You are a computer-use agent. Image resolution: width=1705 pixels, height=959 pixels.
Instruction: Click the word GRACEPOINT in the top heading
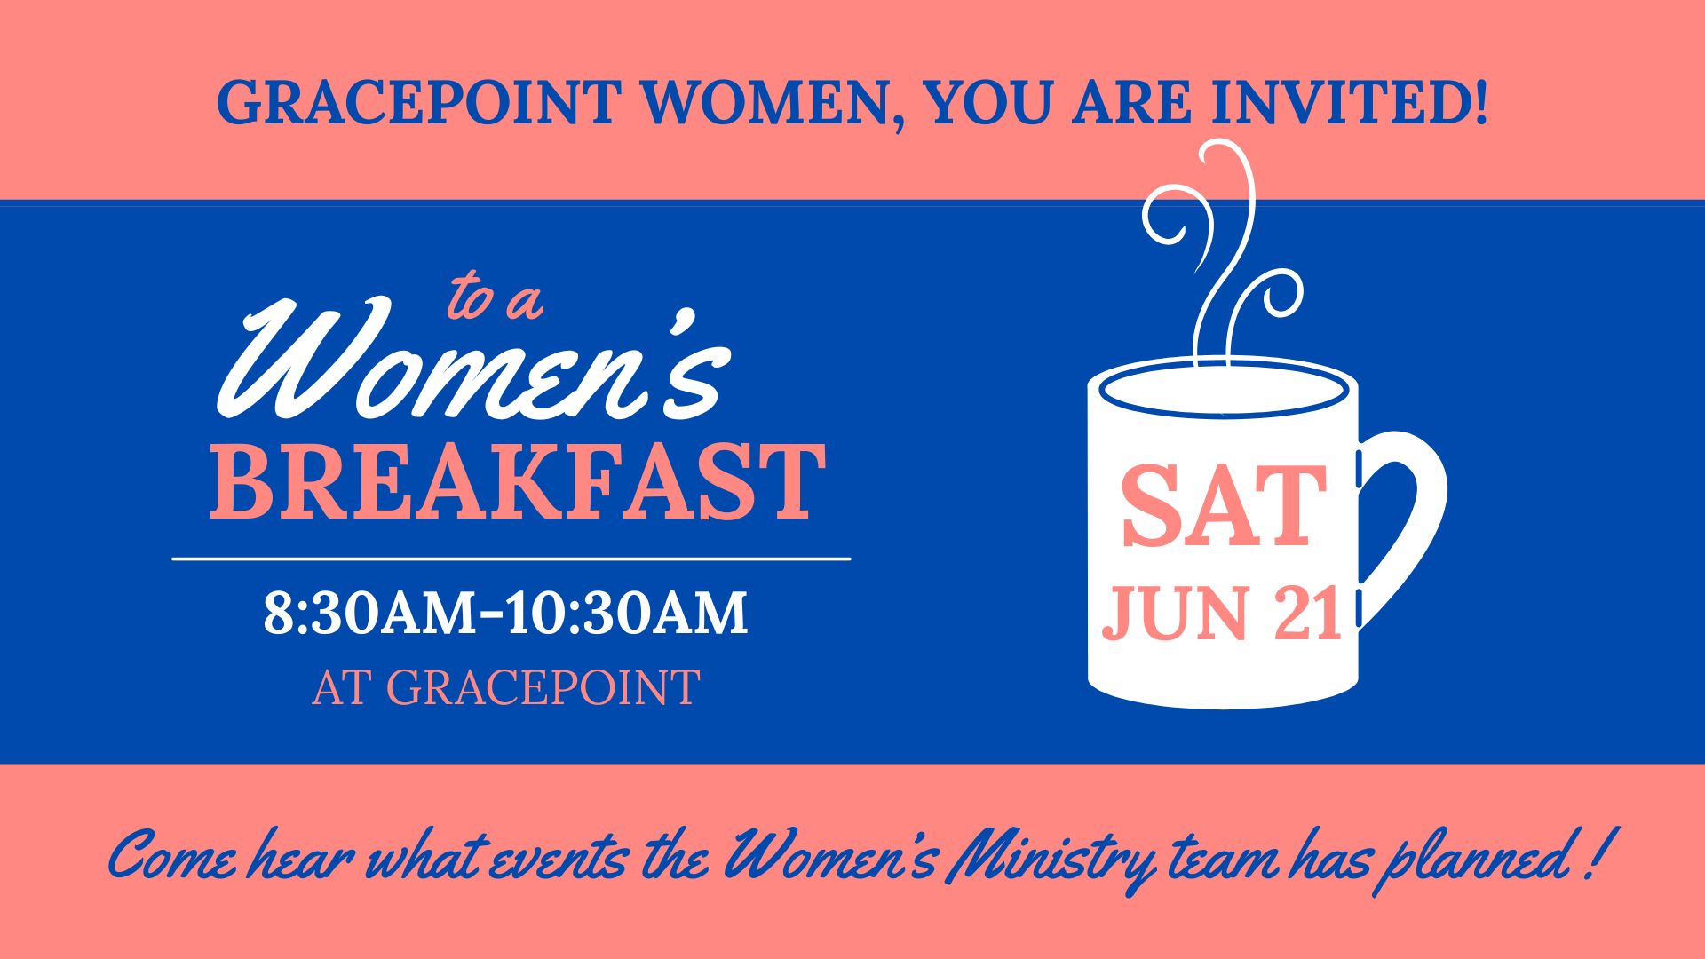pos(416,101)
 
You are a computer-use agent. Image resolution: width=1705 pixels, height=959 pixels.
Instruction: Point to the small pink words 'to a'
pos(494,298)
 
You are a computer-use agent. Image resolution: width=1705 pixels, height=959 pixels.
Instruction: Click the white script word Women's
pos(472,363)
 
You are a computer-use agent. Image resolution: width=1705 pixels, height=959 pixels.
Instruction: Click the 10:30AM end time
pos(627,613)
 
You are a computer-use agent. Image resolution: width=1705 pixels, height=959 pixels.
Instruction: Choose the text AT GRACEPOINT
pos(506,687)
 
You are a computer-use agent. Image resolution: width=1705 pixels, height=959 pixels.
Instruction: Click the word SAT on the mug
pos(1224,508)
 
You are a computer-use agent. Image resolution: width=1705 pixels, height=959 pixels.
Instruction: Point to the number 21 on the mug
pos(1306,614)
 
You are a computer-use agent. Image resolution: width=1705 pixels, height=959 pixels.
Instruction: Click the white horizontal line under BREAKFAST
pos(511,559)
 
